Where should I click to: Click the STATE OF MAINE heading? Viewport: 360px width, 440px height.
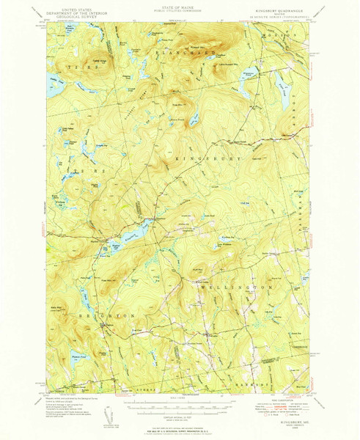(180, 6)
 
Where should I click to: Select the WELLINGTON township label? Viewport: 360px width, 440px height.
(238, 288)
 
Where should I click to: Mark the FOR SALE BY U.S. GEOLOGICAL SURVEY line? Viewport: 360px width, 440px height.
(180, 429)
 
